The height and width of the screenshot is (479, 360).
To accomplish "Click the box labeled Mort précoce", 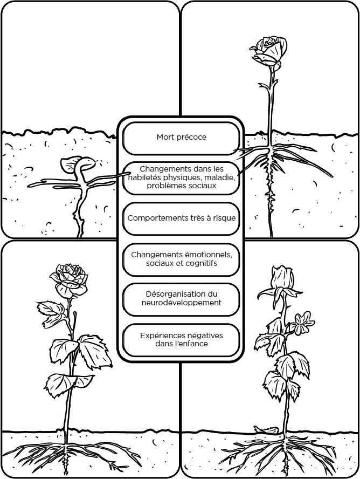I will pyautogui.click(x=181, y=138).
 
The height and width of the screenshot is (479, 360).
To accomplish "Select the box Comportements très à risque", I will pyautogui.click(x=181, y=218).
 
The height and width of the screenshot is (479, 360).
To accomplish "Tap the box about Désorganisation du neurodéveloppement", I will pyautogui.click(x=181, y=298).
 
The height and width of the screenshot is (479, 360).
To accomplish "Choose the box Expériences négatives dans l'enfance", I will pyautogui.click(x=181, y=339).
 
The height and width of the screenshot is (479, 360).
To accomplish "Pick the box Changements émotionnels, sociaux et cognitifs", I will pyautogui.click(x=181, y=259).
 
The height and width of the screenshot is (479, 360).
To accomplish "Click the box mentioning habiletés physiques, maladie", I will pyautogui.click(x=181, y=177).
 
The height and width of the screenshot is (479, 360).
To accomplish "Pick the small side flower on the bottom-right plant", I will pyautogui.click(x=303, y=322).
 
